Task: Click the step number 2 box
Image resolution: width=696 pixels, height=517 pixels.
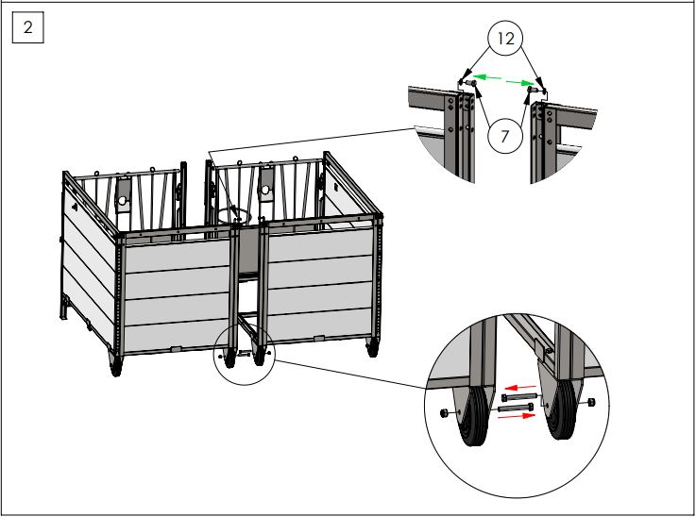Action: click(x=27, y=28)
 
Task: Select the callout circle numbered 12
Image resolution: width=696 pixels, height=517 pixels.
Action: click(x=506, y=40)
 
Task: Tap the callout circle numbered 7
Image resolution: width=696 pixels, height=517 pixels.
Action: click(x=506, y=136)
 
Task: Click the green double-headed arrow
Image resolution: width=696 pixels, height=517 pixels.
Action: click(x=501, y=82)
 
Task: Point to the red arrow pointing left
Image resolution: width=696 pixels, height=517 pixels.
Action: click(x=517, y=386)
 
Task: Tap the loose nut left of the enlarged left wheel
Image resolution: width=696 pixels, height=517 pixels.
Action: click(x=444, y=413)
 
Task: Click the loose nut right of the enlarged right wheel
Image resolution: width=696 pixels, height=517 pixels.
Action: click(x=592, y=404)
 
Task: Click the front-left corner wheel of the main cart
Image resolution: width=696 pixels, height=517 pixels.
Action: click(x=116, y=366)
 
